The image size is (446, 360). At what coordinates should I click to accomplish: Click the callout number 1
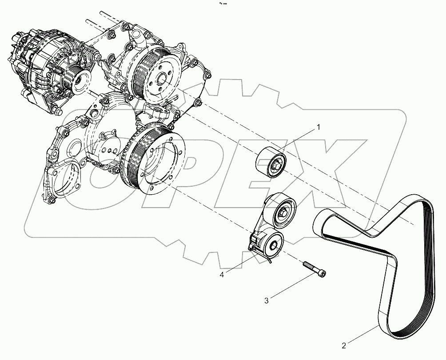[318, 128]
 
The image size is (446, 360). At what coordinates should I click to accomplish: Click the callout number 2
[344, 344]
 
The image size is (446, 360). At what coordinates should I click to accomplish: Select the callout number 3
[267, 301]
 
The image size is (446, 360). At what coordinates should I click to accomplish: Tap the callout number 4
[221, 274]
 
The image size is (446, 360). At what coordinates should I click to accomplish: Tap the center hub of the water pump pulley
[161, 81]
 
